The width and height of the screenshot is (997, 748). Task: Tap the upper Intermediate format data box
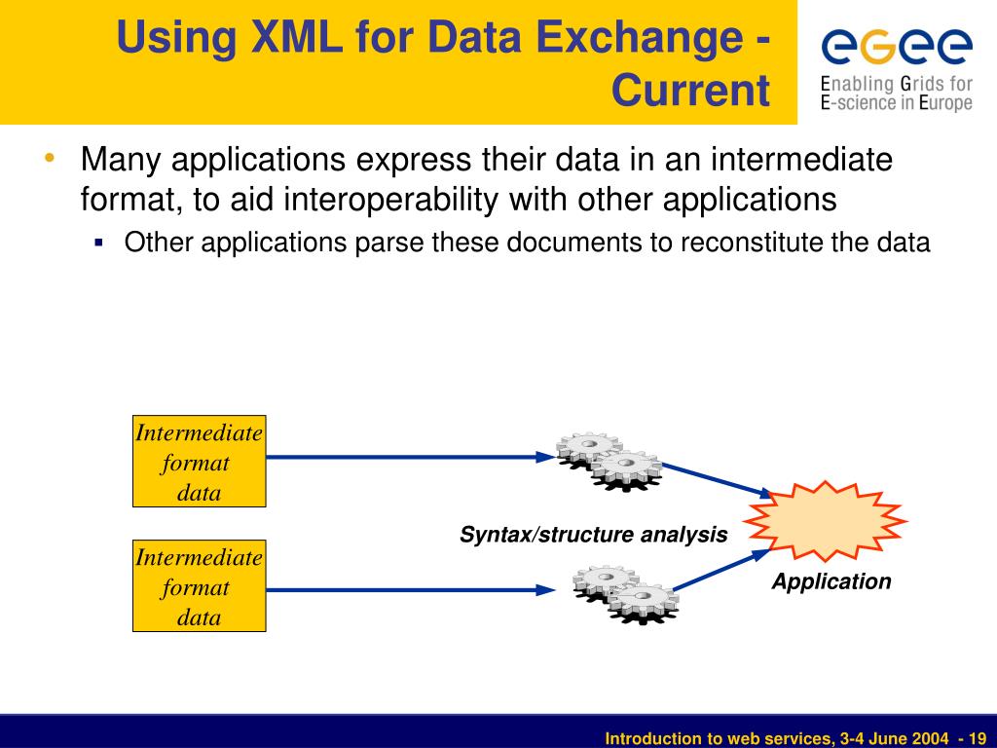[x=199, y=463]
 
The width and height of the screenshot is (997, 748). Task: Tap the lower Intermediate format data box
[x=199, y=587]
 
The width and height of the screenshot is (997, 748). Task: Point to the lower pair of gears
[x=625, y=594]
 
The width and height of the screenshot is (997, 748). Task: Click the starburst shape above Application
[x=826, y=521]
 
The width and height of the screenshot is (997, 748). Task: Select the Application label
[x=831, y=581]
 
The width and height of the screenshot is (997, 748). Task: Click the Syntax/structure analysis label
[x=594, y=535]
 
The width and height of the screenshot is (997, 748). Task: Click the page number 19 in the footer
[x=978, y=739]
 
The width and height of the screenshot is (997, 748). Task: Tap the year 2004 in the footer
[x=929, y=739]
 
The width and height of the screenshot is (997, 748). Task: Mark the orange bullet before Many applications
[x=49, y=158]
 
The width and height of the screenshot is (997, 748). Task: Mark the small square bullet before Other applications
[x=99, y=242]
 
